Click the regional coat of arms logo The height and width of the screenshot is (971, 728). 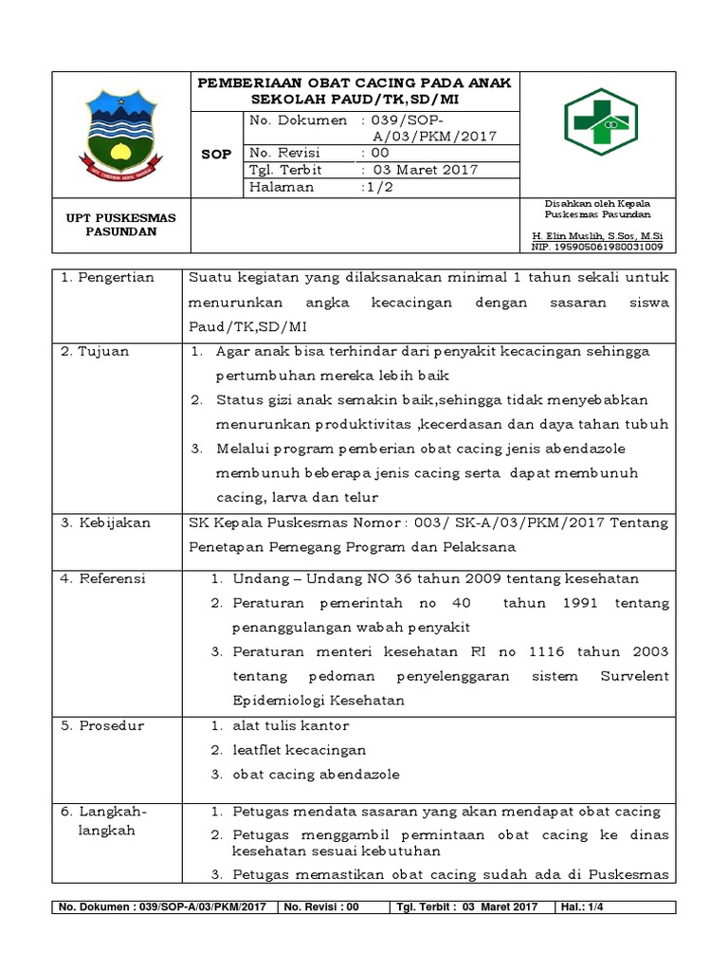pyautogui.click(x=120, y=134)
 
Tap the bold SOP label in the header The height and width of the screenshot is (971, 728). pyautogui.click(x=217, y=154)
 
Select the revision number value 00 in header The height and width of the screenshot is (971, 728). pyautogui.click(x=379, y=153)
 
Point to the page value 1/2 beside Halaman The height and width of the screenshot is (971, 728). pyautogui.click(x=377, y=188)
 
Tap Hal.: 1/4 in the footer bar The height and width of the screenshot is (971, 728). pyautogui.click(x=585, y=907)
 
